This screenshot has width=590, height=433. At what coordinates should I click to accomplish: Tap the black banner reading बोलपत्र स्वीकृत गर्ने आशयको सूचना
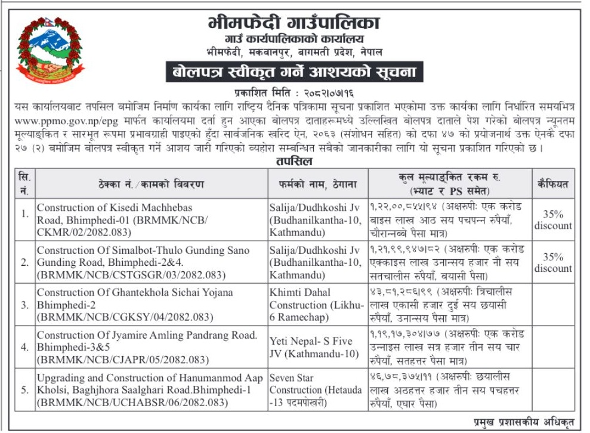pos(294,72)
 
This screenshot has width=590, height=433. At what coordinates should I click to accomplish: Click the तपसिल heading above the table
pos(294,162)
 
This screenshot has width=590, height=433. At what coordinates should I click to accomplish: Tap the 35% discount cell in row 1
pos(553,220)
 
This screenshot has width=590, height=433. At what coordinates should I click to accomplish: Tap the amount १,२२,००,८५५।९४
pos(403,207)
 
